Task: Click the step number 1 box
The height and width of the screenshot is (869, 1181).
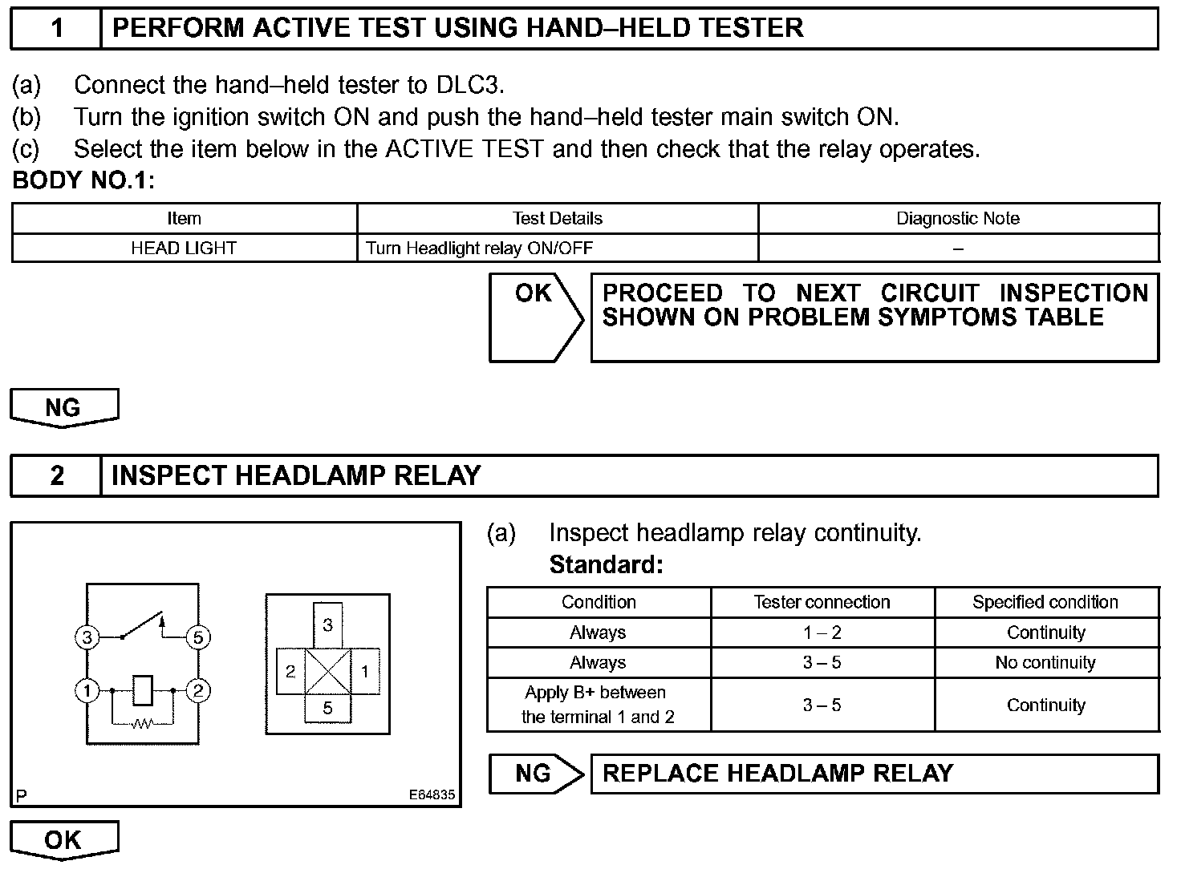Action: (x=56, y=28)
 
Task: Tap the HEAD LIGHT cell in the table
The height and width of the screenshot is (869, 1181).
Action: (x=184, y=249)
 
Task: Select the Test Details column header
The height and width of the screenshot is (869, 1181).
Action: (x=557, y=218)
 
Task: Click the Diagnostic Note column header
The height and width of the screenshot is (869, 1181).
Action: (x=958, y=218)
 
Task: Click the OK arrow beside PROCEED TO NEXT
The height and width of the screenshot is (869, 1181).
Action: (x=535, y=317)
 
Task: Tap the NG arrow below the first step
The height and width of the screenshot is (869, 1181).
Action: (x=63, y=407)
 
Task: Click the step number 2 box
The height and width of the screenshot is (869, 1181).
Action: (x=56, y=475)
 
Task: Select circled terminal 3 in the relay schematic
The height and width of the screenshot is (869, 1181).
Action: (x=87, y=638)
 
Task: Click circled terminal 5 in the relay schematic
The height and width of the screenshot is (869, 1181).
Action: (x=197, y=638)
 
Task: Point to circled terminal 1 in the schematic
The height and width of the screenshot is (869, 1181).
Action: (x=87, y=690)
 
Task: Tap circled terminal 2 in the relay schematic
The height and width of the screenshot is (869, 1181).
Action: (x=197, y=690)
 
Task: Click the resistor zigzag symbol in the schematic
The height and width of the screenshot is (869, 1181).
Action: (x=143, y=724)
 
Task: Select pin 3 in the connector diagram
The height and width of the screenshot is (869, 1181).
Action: (x=327, y=624)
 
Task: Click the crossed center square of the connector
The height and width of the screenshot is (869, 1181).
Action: (x=327, y=671)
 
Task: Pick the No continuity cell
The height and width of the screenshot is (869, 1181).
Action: (x=1045, y=663)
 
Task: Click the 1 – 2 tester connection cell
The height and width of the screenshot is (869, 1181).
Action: (x=822, y=633)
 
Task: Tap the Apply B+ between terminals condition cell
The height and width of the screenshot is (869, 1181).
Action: (x=598, y=705)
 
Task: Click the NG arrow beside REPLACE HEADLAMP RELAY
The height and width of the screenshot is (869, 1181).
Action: (x=535, y=774)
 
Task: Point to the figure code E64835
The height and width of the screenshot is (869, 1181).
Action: (x=432, y=795)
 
